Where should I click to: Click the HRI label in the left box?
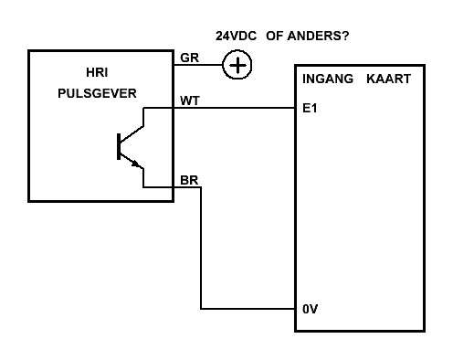[97, 72]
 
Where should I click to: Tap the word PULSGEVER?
[97, 93]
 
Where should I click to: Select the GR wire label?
[189, 58]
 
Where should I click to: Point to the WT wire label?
[190, 101]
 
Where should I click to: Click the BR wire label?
[189, 180]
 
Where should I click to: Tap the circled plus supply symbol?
[237, 65]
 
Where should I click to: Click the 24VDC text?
[236, 36]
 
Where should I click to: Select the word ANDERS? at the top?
[318, 36]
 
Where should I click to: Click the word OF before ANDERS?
[275, 36]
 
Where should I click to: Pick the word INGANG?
[328, 79]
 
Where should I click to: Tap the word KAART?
[388, 79]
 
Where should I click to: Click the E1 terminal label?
[310, 108]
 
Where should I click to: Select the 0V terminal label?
[310, 309]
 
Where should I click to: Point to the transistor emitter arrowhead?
[136, 164]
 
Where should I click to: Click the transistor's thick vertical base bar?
[119, 146]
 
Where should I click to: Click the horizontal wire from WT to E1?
[219, 108]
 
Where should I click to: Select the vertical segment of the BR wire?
[201, 248]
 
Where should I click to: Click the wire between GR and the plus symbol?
[198, 65]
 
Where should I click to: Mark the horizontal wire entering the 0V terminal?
[248, 309]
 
